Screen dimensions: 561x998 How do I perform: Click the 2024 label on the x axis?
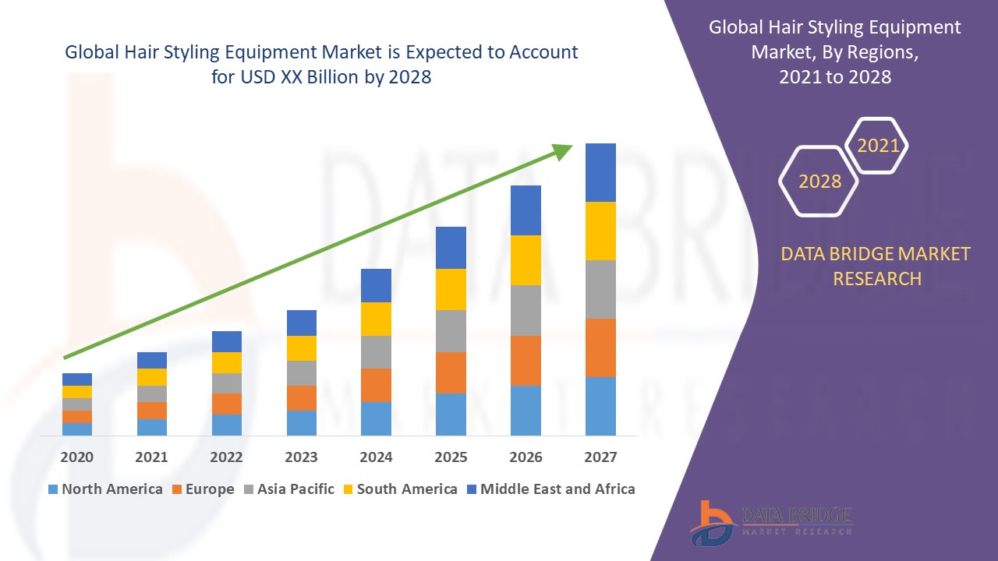(376, 457)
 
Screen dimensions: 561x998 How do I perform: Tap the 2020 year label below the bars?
(77, 457)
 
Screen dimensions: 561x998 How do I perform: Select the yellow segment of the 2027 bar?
(600, 231)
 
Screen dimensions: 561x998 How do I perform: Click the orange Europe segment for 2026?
(526, 360)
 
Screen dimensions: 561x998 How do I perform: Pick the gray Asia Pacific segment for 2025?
(451, 331)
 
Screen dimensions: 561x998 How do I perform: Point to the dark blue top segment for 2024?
(376, 285)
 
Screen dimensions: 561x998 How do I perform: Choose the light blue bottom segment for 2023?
(302, 422)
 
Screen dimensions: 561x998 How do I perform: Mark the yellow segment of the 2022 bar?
(227, 362)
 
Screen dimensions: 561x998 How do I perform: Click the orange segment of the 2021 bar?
(152, 411)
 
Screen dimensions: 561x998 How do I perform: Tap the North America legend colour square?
(53, 489)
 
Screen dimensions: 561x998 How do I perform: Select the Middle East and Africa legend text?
(557, 489)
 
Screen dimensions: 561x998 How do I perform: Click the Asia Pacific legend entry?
(296, 489)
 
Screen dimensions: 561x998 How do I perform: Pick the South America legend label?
(407, 489)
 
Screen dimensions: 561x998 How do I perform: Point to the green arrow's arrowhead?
(562, 150)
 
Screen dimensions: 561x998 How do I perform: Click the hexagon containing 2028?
(819, 181)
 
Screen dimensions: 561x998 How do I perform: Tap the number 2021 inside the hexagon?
(878, 146)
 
